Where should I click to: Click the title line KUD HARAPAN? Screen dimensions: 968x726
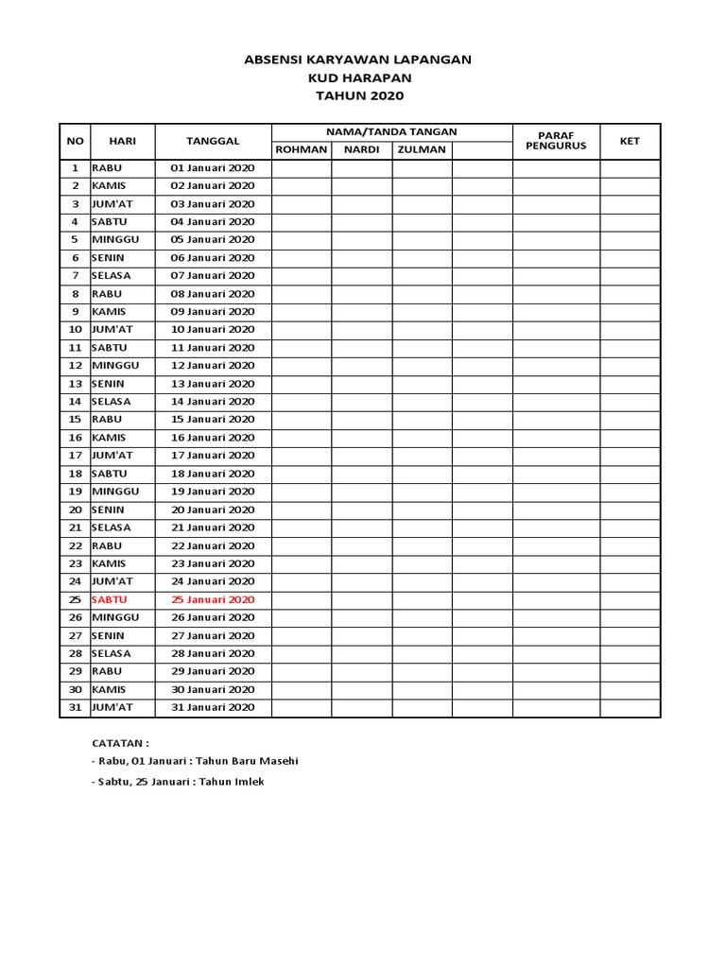(x=357, y=78)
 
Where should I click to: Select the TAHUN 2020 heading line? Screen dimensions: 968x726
(x=357, y=95)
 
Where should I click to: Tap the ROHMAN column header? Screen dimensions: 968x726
(x=301, y=150)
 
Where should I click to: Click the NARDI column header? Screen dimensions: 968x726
(x=361, y=150)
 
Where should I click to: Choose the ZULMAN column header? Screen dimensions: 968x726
(x=422, y=150)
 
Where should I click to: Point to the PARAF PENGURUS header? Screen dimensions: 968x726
(x=556, y=141)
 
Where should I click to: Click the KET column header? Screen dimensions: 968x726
(x=630, y=141)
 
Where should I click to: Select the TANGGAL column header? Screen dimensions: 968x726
(x=213, y=141)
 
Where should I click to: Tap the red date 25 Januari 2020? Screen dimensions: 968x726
(x=213, y=599)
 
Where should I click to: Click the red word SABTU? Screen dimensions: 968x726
(x=109, y=599)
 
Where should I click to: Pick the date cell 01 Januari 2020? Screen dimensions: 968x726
(x=213, y=167)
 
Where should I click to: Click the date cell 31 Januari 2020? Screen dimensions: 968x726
(x=213, y=707)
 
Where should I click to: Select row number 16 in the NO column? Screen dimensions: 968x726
(x=75, y=438)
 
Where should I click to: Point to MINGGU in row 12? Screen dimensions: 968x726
(x=115, y=366)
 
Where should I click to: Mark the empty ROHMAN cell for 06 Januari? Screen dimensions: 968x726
(x=301, y=258)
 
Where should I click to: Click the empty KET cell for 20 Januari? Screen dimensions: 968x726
(x=630, y=510)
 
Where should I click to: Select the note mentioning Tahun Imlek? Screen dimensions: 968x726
(x=178, y=782)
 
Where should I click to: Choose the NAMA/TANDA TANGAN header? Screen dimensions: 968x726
(x=391, y=132)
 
